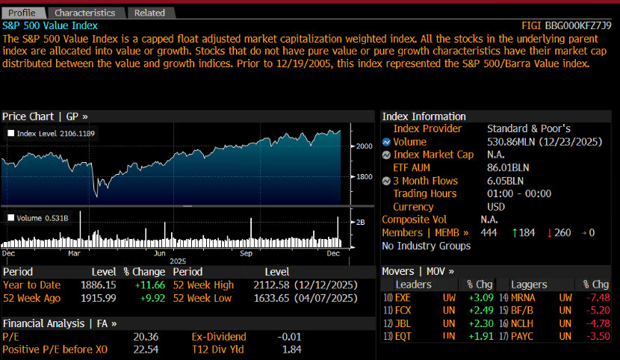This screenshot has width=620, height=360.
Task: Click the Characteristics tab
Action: coord(84,13)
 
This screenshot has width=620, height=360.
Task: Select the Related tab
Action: coord(149,13)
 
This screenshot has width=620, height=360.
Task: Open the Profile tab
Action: coord(22,13)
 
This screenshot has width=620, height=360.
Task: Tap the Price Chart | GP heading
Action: coord(45,117)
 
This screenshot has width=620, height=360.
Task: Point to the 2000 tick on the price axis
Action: coord(363,146)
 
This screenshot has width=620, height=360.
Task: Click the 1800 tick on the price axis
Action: coord(363,178)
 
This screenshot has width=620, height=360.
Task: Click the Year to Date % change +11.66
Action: coord(137,285)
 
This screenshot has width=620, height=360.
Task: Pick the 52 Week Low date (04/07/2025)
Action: coord(329,299)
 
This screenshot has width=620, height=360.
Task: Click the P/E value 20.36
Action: coord(144,337)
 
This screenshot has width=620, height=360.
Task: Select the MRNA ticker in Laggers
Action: coord(524,298)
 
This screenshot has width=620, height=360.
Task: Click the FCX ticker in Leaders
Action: coord(404,311)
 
